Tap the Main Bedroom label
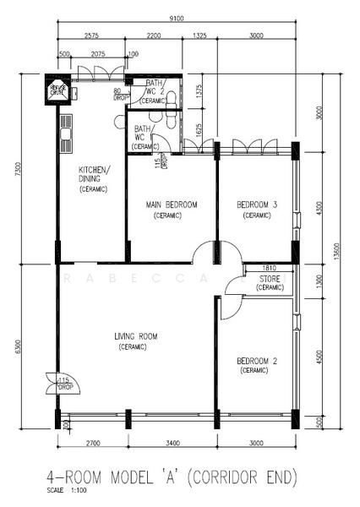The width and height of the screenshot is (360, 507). click(x=172, y=205)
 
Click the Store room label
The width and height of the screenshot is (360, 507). click(x=269, y=279)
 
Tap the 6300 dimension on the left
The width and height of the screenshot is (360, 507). click(x=19, y=346)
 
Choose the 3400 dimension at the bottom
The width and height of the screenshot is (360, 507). click(x=172, y=442)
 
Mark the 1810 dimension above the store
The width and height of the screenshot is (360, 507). click(x=259, y=268)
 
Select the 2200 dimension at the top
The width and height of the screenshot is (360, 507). click(x=154, y=36)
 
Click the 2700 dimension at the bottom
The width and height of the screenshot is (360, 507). click(x=92, y=442)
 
